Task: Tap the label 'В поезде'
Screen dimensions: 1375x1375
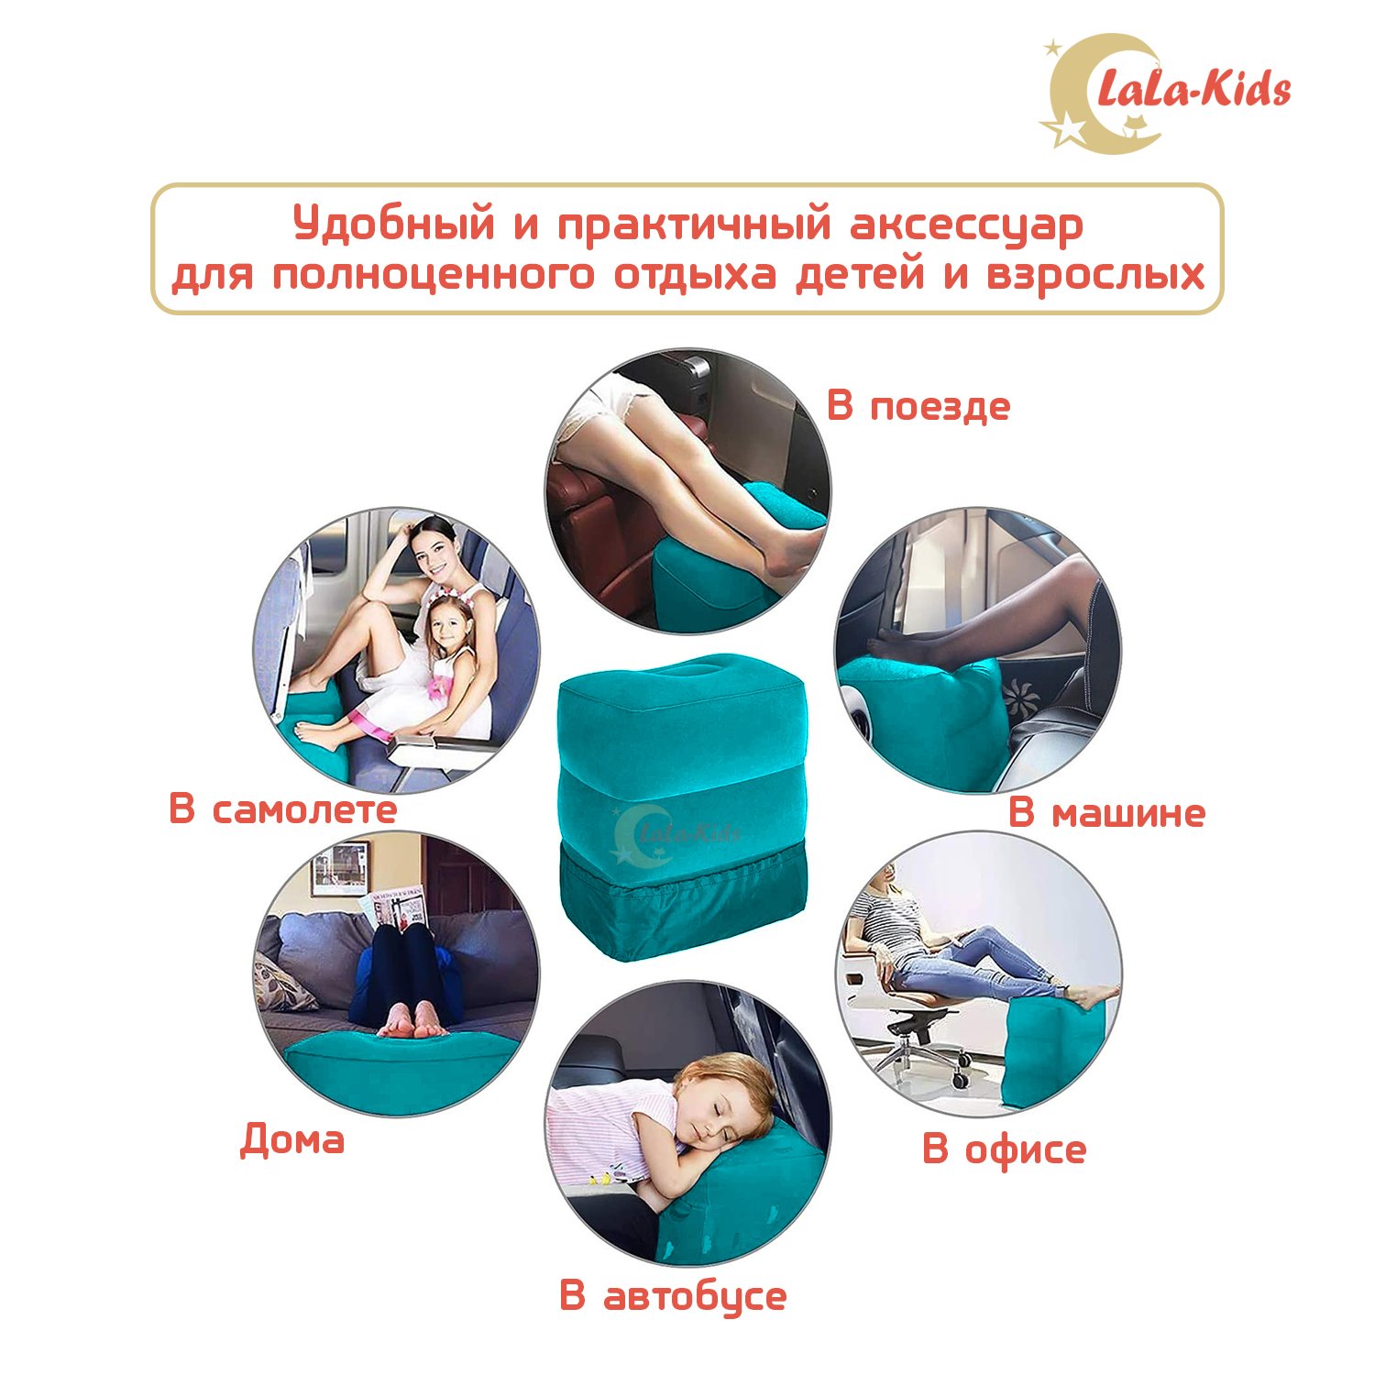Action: click(x=918, y=406)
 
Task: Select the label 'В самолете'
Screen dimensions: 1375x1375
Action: click(x=282, y=808)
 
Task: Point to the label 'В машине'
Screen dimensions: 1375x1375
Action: click(x=1106, y=812)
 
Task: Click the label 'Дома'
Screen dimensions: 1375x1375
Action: click(x=292, y=1139)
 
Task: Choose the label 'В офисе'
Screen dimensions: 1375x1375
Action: click(x=1004, y=1149)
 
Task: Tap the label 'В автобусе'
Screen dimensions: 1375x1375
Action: click(x=673, y=1296)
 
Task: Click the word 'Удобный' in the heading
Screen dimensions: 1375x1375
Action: click(x=394, y=225)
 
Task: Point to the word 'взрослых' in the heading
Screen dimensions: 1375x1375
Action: click(x=1095, y=276)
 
